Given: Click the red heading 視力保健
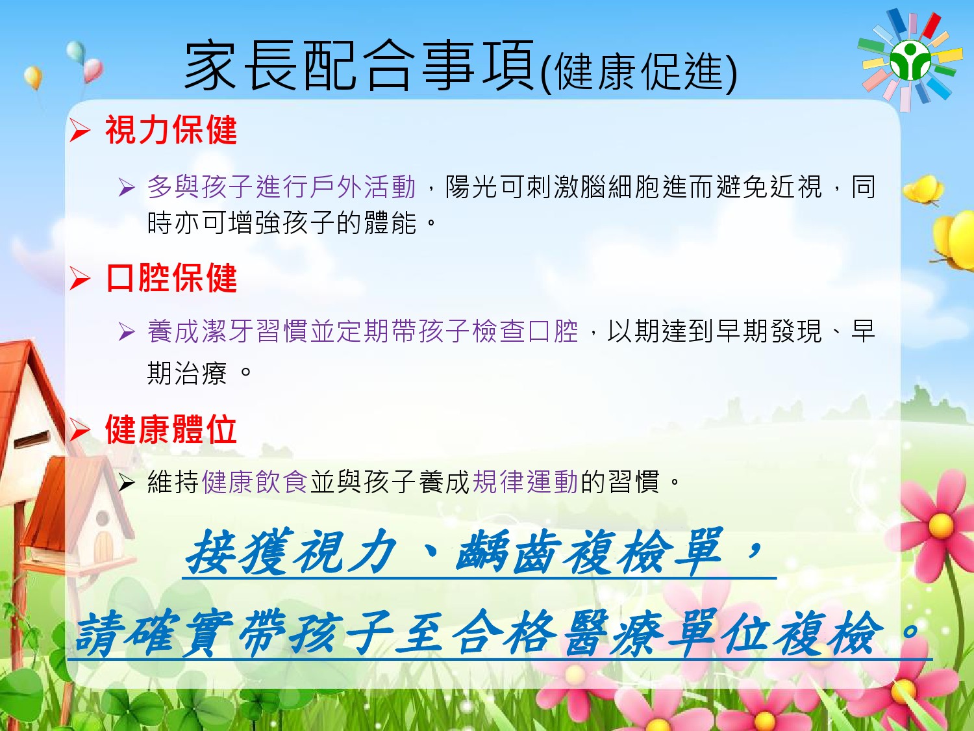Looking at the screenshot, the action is tap(171, 129).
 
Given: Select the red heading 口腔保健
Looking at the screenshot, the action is tap(171, 278).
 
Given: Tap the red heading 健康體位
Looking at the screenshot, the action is tap(171, 429).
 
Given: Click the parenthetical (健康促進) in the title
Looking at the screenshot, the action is tap(640, 71).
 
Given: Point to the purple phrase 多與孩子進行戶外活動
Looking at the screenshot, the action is tap(281, 187).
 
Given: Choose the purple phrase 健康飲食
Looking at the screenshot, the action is tap(255, 481).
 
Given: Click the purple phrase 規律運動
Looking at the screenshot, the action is tap(525, 481).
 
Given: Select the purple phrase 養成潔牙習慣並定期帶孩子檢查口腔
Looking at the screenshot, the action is tap(362, 331).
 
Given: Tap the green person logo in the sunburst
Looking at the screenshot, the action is tap(910, 60).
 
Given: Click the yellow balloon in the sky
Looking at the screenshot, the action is tap(33, 77).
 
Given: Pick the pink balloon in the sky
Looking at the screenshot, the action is tap(93, 70).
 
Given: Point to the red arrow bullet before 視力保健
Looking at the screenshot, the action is tap(80, 131).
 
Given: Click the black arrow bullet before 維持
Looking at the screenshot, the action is tap(127, 482).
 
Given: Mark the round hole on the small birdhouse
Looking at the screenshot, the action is tap(103, 518).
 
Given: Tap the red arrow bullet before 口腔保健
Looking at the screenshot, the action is tap(80, 279).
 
